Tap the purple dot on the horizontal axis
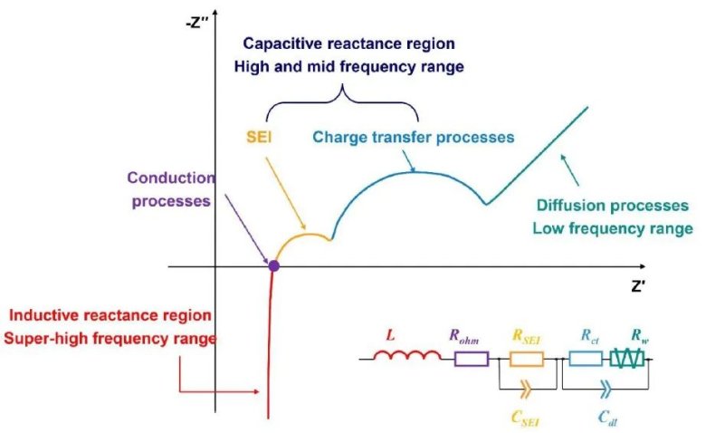(x=273, y=266)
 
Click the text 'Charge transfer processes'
(x=413, y=138)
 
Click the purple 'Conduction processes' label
(x=170, y=188)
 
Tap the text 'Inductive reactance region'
(x=110, y=315)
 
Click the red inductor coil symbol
(x=407, y=359)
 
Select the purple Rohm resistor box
(x=471, y=360)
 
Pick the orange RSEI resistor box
(x=526, y=360)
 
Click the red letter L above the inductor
(x=392, y=333)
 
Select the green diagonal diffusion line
(x=539, y=154)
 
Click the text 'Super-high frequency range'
(x=110, y=339)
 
